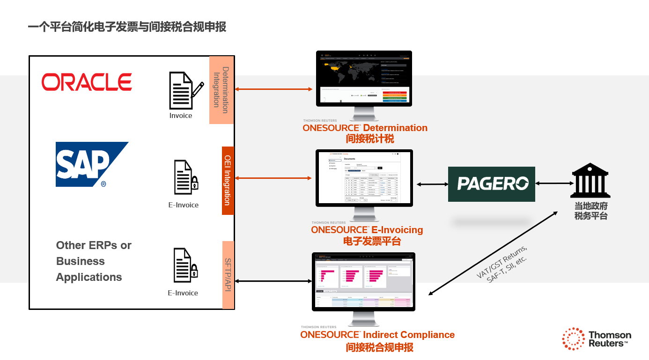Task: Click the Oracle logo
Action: click(87, 82)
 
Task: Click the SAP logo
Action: click(91, 164)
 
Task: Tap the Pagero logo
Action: click(491, 184)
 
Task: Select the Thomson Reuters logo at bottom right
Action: click(597, 339)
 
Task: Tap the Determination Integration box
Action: click(221, 90)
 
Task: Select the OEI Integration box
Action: click(228, 180)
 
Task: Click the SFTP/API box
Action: click(228, 275)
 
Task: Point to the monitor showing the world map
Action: click(364, 79)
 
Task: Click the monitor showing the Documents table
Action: click(364, 178)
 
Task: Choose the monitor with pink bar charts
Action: click(363, 281)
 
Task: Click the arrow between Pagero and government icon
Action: click(553, 184)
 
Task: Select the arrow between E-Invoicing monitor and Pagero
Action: click(430, 184)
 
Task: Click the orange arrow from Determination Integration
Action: click(273, 89)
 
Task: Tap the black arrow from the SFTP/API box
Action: click(273, 281)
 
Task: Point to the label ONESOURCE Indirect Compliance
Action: click(377, 335)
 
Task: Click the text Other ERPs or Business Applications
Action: click(94, 261)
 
